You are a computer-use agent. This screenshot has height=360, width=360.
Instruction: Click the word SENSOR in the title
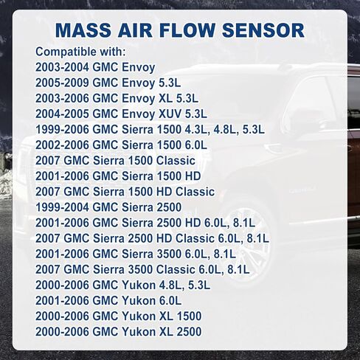263,30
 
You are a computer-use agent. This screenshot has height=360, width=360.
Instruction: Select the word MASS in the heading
83,30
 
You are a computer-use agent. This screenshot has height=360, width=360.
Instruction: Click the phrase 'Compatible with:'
80,52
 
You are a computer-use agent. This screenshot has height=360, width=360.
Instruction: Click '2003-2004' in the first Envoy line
62,67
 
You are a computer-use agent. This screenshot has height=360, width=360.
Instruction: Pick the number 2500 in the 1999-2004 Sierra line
169,207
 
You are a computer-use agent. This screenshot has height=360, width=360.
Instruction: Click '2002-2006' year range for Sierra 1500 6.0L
62,145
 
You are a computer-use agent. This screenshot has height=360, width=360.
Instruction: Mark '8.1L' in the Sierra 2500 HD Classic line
258,238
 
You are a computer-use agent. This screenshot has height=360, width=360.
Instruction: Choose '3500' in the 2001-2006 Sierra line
169,254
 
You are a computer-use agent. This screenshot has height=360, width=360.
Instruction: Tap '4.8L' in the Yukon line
171,285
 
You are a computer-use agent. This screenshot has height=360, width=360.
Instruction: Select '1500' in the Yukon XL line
189,316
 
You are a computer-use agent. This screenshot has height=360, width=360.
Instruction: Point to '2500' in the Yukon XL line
189,332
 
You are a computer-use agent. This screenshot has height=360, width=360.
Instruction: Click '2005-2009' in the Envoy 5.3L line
62,83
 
